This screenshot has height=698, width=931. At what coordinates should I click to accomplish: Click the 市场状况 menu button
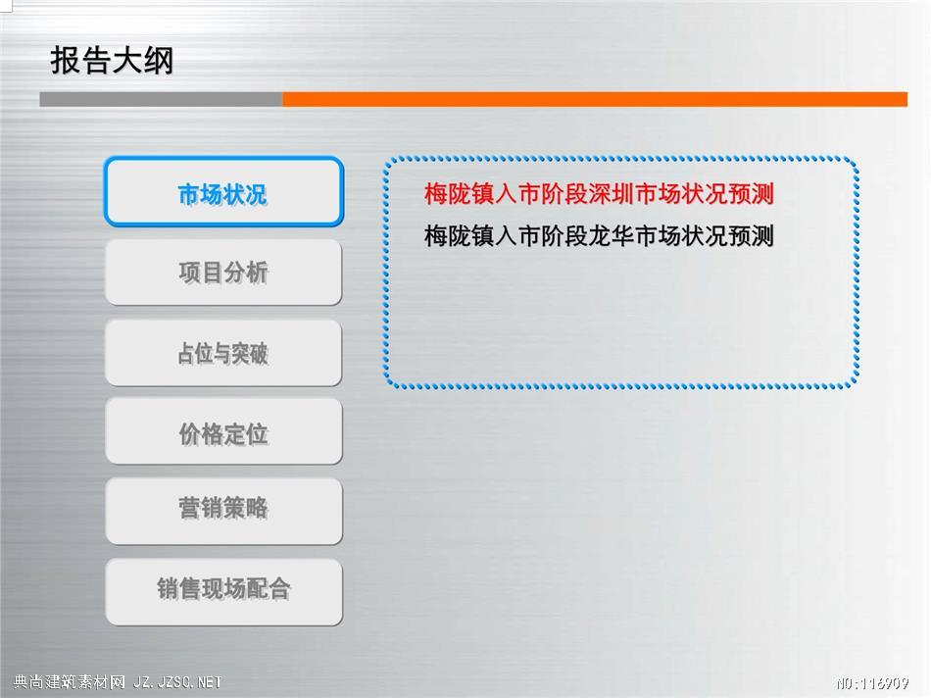[x=223, y=191]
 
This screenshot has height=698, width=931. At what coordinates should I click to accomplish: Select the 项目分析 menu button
[x=223, y=273]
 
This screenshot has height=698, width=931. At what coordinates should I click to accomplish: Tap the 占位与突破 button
[x=223, y=353]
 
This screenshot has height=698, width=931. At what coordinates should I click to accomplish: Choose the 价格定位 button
[x=223, y=432]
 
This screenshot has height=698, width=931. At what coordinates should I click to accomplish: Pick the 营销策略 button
[x=223, y=511]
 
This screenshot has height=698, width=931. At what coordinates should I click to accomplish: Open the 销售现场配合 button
[x=223, y=590]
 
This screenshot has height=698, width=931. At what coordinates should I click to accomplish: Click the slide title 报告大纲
[x=112, y=60]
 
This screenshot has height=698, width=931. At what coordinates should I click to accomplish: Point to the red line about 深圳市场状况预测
[x=599, y=194]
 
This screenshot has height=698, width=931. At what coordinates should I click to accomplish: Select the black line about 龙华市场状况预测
[x=599, y=236]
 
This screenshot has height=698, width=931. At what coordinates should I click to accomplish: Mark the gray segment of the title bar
[x=161, y=99]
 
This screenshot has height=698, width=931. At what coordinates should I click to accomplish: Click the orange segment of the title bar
[x=595, y=99]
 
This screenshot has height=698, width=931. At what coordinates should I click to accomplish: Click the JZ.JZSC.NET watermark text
[x=177, y=682]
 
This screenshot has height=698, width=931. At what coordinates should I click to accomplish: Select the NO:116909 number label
[x=872, y=683]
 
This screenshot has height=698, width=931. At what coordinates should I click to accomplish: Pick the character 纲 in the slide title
[x=159, y=60]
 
